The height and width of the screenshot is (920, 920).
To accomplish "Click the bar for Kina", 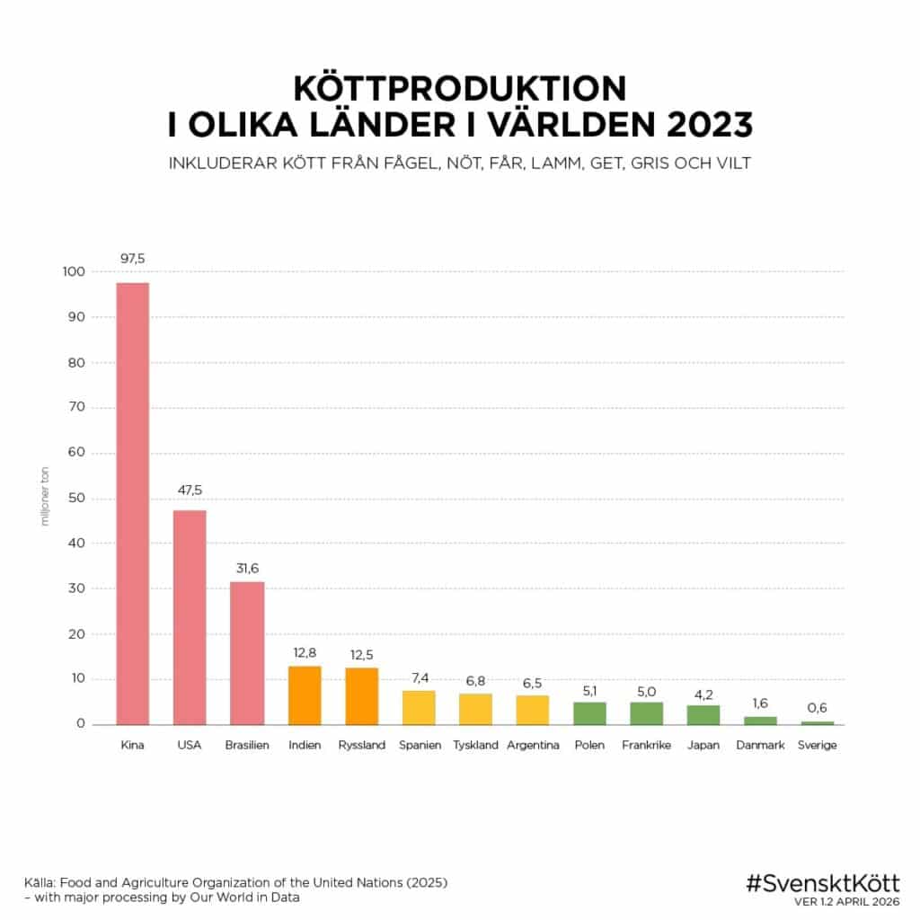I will pos(132,503).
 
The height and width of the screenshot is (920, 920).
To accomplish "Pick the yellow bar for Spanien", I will pos(418,707).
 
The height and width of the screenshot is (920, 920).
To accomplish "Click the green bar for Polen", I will pos(589,712).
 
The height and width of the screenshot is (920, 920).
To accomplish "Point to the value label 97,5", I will pos(132,259).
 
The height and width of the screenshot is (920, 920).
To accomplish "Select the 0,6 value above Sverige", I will pos(817,708).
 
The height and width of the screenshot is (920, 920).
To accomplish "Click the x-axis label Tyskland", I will pos(475,746).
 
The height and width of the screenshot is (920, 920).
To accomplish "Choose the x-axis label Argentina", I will pos(533,746).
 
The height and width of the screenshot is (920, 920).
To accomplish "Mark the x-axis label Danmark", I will pos(760,746).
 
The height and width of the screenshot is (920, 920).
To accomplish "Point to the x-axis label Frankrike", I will pos(646,746).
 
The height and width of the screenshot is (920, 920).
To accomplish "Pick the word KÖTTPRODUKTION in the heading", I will pos(459,88).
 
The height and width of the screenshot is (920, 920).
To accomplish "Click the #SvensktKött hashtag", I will pos(822,883).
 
